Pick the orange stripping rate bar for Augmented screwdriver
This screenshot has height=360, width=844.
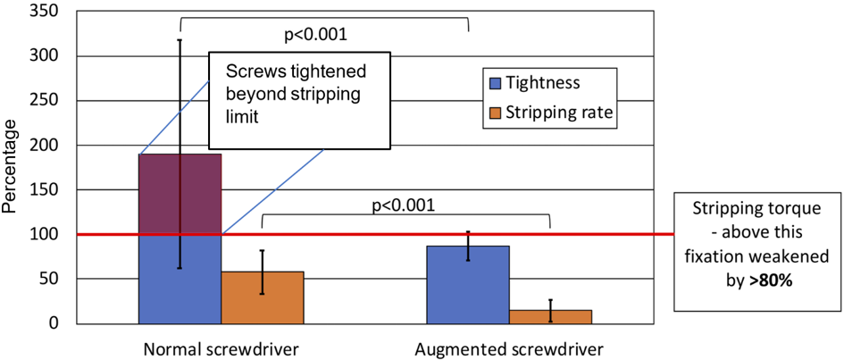550,316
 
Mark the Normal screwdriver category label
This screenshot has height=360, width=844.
221,347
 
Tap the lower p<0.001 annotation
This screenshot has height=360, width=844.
403,205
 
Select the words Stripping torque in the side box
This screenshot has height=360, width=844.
758,209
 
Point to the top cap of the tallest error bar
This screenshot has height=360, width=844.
180,39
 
